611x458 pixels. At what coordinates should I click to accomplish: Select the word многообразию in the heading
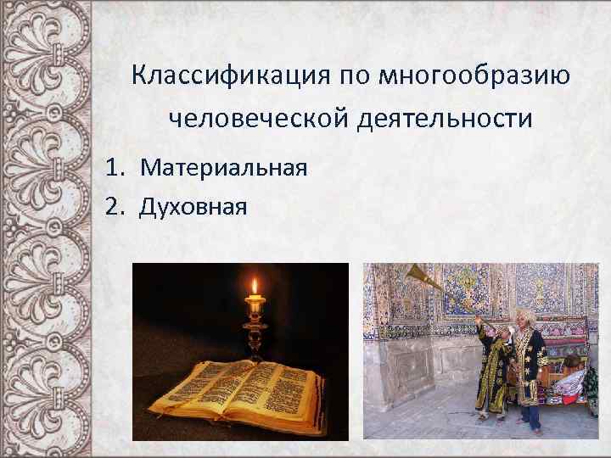pyautogui.click(x=474, y=77)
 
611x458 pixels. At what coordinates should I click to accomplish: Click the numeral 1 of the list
pyautogui.click(x=113, y=166)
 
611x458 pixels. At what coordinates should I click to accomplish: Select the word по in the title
pyautogui.click(x=357, y=77)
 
